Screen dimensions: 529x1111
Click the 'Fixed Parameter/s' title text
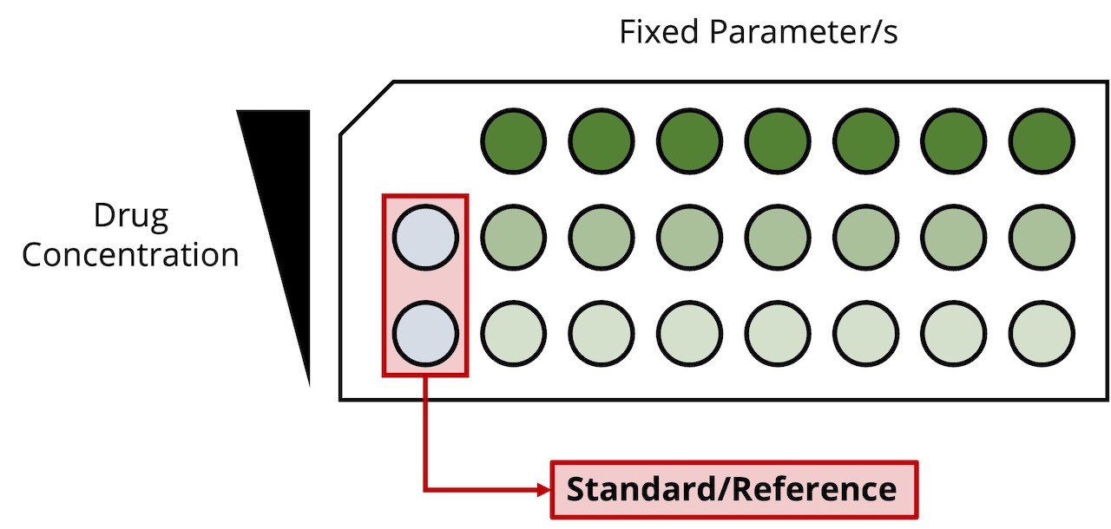[759, 32]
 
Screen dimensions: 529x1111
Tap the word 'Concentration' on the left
[131, 255]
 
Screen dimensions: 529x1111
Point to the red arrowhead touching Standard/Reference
[544, 490]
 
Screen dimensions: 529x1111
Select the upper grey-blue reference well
[425, 236]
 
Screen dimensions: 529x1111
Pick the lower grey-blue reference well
[425, 332]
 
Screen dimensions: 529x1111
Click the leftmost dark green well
[514, 140]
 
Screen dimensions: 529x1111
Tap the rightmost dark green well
[1042, 140]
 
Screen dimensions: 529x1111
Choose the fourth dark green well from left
[778, 140]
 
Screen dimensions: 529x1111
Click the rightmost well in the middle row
[1042, 236]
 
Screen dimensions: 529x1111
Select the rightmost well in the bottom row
[1042, 332]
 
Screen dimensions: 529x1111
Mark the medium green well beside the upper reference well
[514, 236]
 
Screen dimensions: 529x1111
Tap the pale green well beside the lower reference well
[514, 332]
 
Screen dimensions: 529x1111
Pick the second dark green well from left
[602, 140]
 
